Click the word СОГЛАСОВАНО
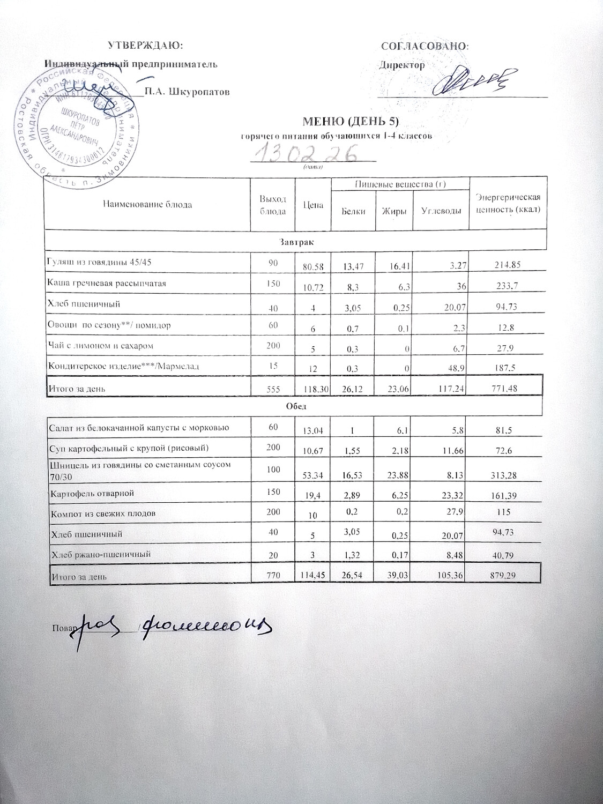point(424,46)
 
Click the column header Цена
point(313,204)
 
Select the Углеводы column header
point(441,211)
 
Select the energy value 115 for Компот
point(504,512)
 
